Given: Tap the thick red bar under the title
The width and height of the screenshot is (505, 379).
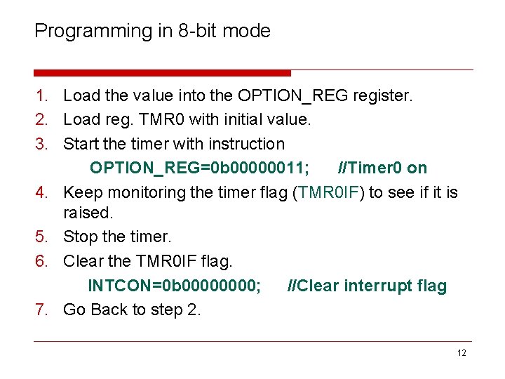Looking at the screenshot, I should (x=162, y=73).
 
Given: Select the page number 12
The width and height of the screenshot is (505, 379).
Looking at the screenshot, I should (x=461, y=353).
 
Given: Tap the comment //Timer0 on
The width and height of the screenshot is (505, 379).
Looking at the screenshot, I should (x=382, y=168).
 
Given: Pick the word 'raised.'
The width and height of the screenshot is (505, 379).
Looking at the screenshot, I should (x=87, y=213).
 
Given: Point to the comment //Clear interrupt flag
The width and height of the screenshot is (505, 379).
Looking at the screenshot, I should (x=368, y=286).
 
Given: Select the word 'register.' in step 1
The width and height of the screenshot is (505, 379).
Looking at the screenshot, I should (x=383, y=95).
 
